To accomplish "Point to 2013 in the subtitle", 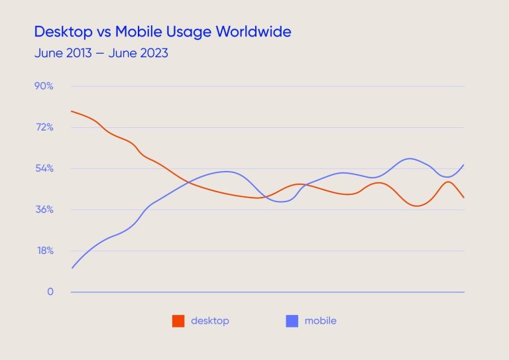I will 76,53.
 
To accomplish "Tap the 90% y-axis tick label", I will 44,86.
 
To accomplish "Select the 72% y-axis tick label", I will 44,127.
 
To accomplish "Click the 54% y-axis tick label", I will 44,168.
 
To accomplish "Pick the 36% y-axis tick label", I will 44,210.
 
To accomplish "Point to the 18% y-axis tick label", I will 44,251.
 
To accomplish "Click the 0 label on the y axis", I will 49,292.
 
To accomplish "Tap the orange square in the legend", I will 178,321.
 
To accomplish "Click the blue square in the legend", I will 292,321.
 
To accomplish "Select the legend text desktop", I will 209,321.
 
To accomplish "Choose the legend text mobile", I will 320,321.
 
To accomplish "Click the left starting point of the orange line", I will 71,111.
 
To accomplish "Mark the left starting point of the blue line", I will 71,268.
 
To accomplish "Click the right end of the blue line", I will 464,164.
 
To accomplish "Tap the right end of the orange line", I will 464,198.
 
